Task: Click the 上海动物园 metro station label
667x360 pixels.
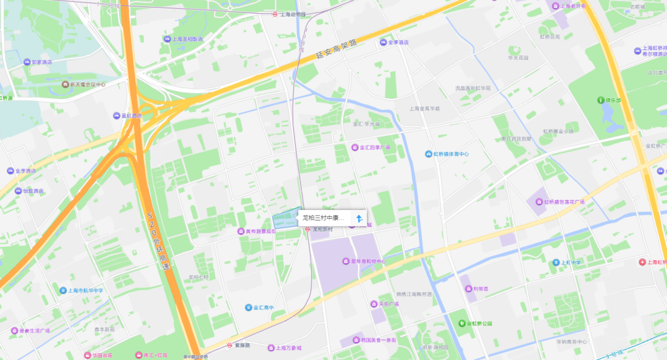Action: (293, 14)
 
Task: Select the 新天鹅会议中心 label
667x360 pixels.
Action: (86, 85)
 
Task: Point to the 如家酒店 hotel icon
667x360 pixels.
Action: (27, 62)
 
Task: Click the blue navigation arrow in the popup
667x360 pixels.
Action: (359, 217)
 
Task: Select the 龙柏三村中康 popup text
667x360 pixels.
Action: (323, 217)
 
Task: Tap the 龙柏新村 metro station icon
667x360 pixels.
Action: (307, 229)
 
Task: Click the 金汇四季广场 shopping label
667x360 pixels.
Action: (374, 148)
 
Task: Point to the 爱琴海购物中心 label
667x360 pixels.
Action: (368, 261)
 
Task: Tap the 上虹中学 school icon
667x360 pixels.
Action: (555, 262)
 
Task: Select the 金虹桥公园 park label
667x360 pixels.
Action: (479, 323)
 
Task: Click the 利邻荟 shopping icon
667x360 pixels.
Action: (468, 288)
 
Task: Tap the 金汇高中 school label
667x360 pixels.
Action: (262, 307)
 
